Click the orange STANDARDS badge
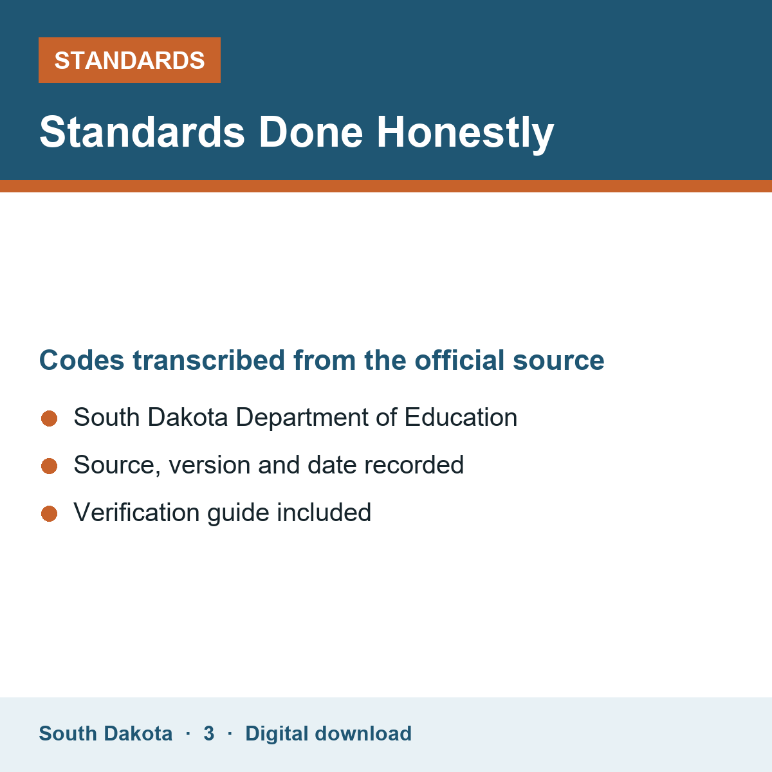[x=129, y=60]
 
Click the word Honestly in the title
[x=465, y=133]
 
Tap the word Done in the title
[x=311, y=133]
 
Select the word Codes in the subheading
[x=82, y=360]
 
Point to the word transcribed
[x=208, y=360]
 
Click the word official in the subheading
[x=459, y=360]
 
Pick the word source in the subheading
[x=558, y=361]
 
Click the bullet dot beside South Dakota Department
[x=50, y=418]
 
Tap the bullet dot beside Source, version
[x=50, y=466]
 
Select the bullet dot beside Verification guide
[x=50, y=513]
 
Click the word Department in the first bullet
[x=302, y=418]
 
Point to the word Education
[x=461, y=417]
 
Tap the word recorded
[x=414, y=464]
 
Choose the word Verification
[x=136, y=512]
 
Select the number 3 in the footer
[x=208, y=733]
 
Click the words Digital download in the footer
[x=329, y=733]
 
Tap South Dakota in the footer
[x=106, y=733]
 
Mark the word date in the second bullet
[x=331, y=464]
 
